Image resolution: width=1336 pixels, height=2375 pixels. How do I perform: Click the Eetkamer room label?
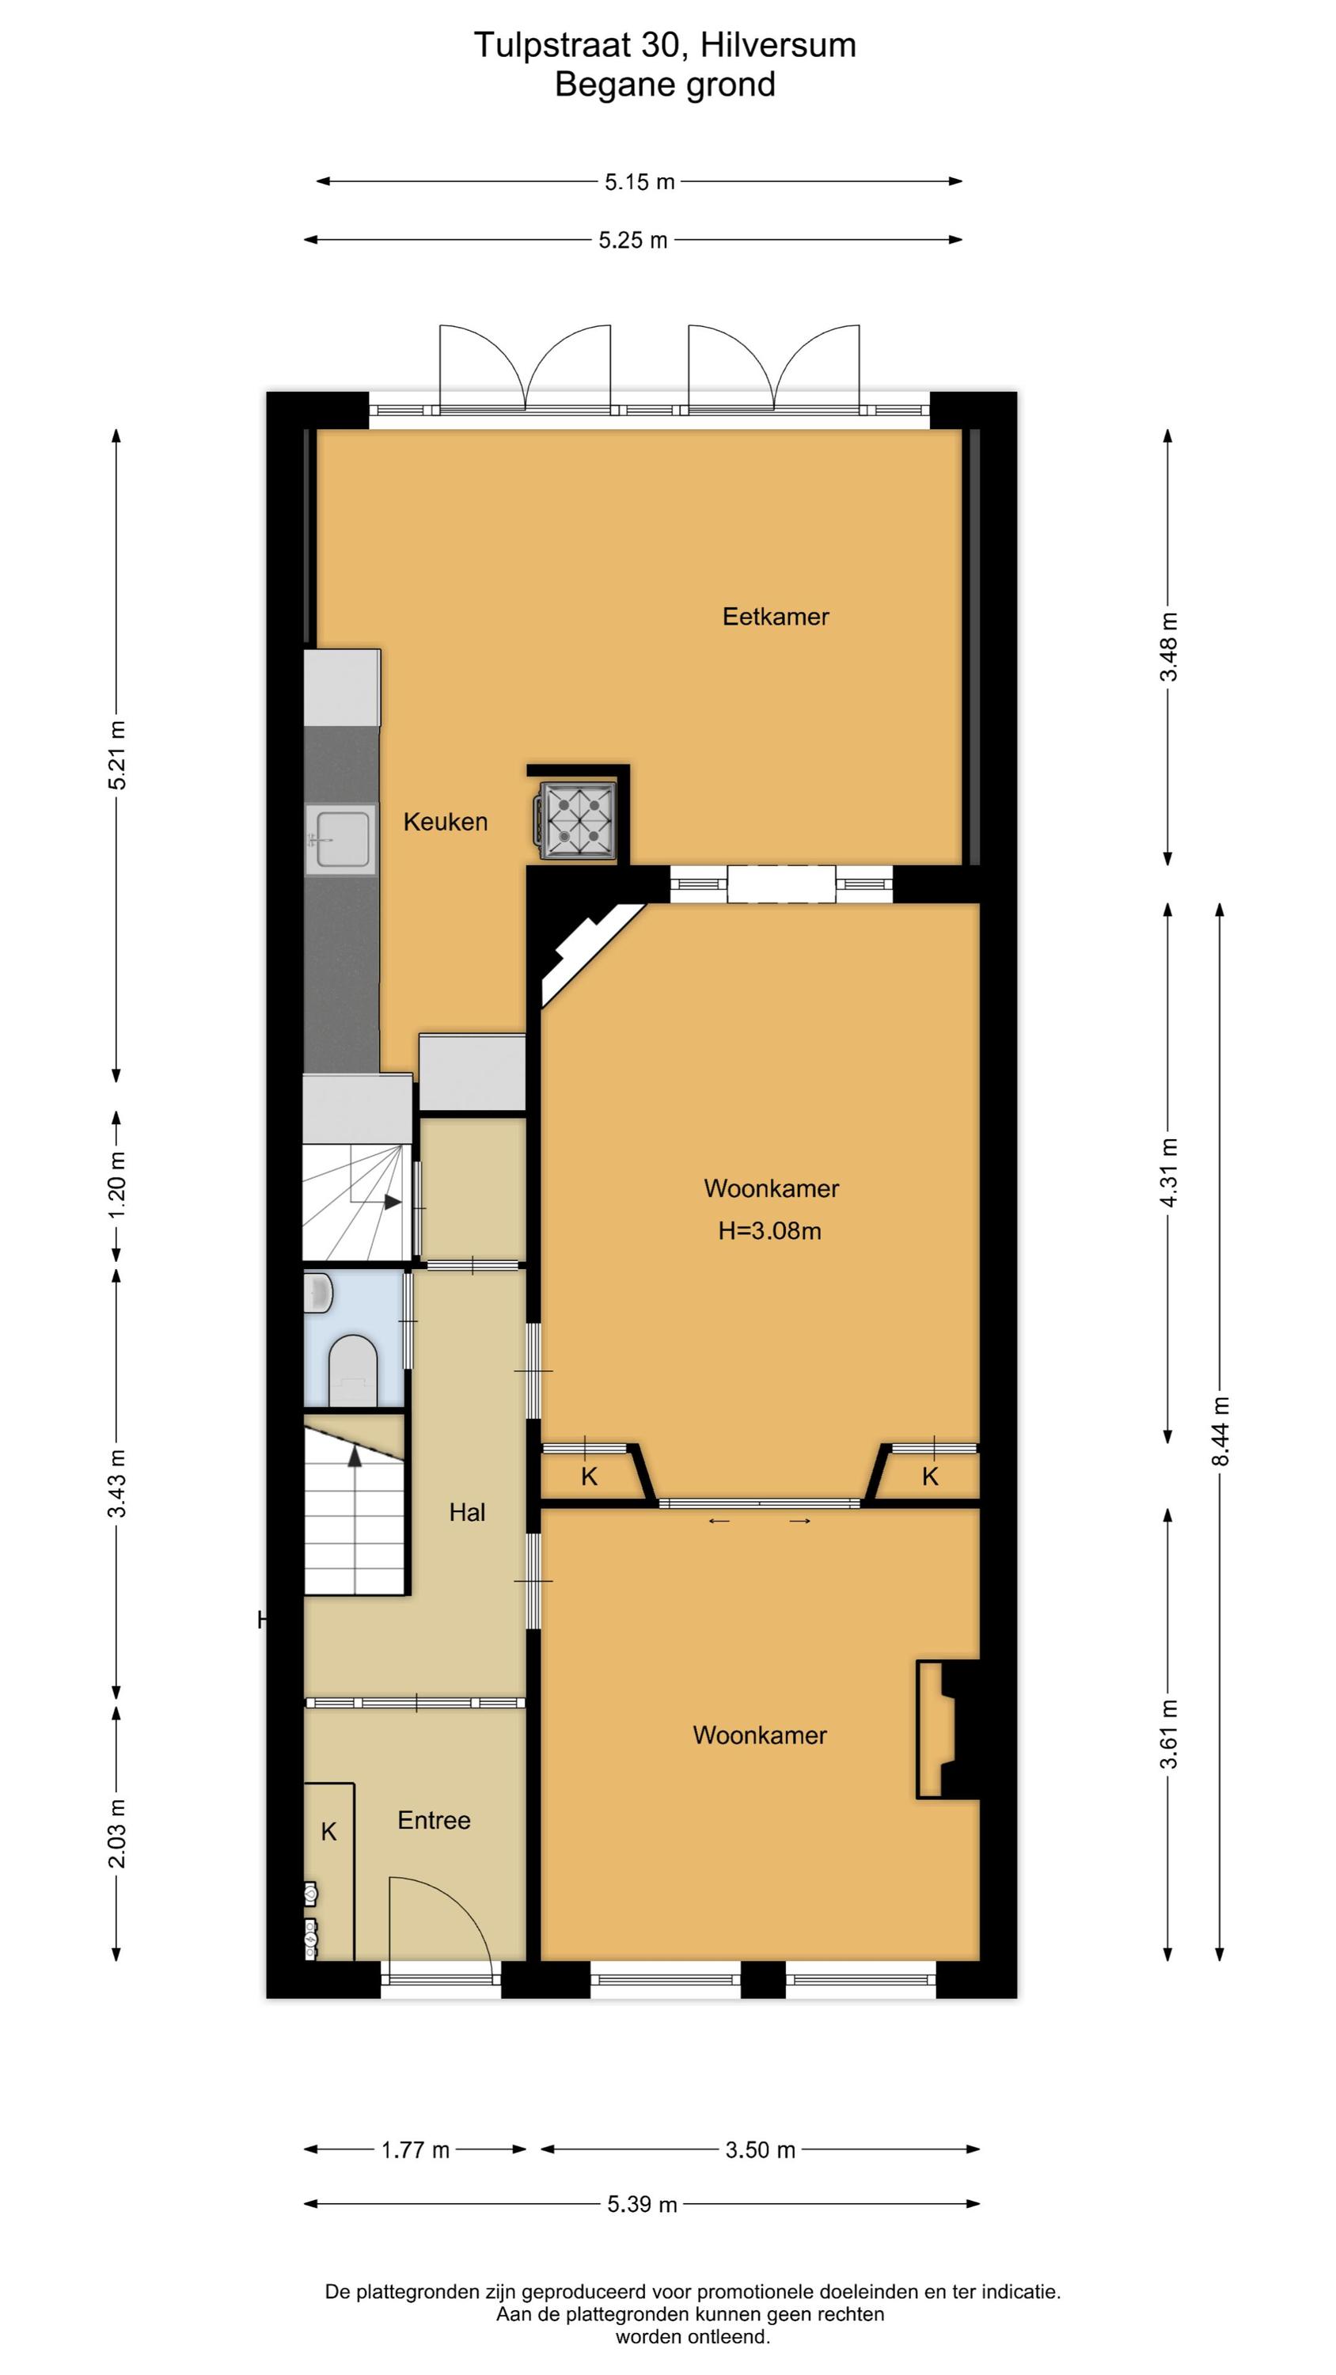point(776,616)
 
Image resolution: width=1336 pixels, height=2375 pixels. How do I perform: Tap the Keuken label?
point(446,822)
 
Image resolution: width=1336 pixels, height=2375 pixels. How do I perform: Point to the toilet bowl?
point(353,1371)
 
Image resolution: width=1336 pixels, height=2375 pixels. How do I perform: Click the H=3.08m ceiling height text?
point(770,1231)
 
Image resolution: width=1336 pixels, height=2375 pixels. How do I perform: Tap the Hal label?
point(468,1512)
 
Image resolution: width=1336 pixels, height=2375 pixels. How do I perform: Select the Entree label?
point(435,1820)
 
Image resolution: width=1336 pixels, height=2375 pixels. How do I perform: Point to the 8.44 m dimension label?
point(1220,1431)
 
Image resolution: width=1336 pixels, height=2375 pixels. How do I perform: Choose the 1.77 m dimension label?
point(416,2150)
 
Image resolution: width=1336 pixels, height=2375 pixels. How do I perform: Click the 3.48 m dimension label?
point(1168,646)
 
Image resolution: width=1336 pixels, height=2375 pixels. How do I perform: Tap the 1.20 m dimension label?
point(117,1185)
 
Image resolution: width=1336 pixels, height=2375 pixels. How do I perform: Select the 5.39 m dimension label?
point(642,2205)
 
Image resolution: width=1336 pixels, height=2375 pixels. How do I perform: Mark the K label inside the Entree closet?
point(329,1832)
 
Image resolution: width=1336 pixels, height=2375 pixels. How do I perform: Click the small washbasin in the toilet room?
point(318,1293)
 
